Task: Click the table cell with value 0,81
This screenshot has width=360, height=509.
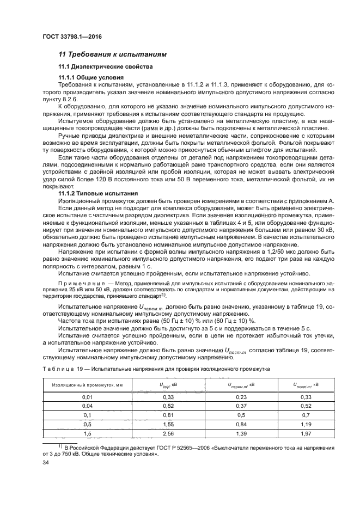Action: [x=152, y=415]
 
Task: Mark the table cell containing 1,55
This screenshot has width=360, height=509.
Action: [x=152, y=424]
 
